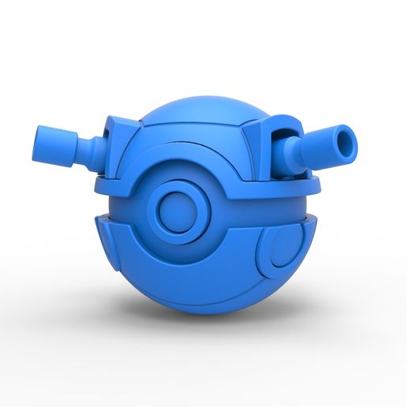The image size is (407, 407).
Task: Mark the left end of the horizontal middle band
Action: [106, 188]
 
